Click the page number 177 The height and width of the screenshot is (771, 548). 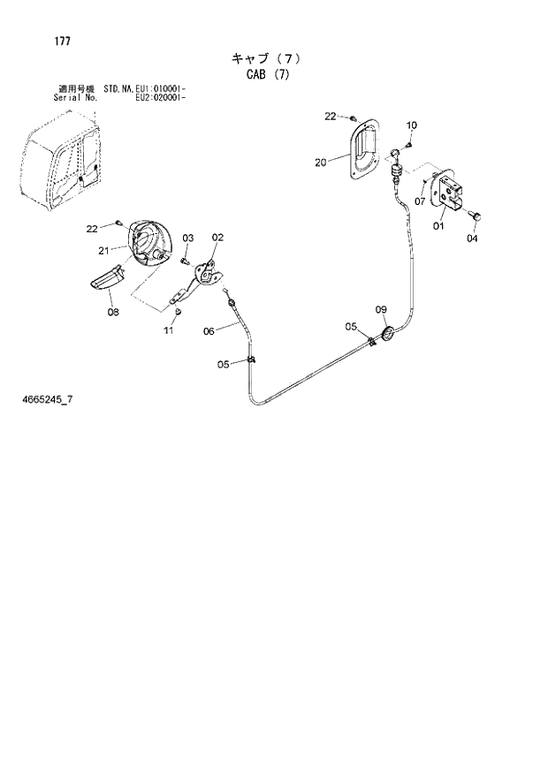click(x=37, y=42)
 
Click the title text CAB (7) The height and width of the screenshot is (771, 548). click(x=266, y=75)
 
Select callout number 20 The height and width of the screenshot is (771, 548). click(x=320, y=162)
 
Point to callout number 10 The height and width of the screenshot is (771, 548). click(x=412, y=125)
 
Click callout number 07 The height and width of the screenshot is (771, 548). click(x=420, y=201)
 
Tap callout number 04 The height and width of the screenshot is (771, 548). click(x=471, y=237)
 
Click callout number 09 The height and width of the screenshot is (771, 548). click(x=381, y=309)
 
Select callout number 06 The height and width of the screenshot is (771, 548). click(x=209, y=332)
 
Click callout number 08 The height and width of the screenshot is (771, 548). click(x=113, y=311)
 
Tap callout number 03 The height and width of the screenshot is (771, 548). click(x=188, y=238)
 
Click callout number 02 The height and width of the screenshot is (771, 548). click(x=217, y=237)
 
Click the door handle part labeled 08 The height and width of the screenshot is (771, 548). click(x=110, y=279)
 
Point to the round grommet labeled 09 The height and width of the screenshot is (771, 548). click(x=387, y=332)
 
